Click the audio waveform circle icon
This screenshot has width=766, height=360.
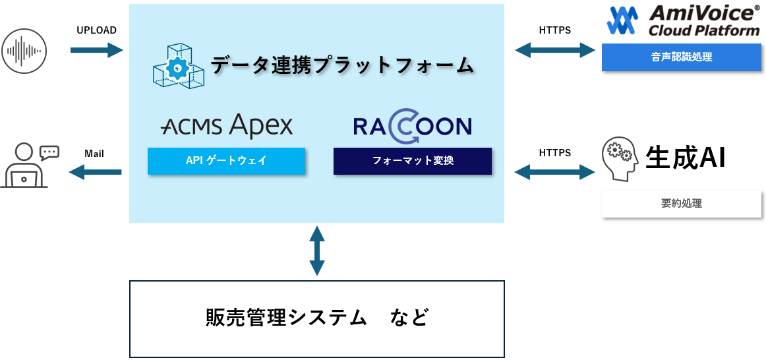click(x=24, y=50)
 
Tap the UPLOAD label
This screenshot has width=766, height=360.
click(x=96, y=30)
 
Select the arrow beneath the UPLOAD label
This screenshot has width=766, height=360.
click(x=96, y=50)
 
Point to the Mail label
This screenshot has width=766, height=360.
click(x=94, y=154)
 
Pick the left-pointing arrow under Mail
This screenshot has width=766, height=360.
click(x=95, y=173)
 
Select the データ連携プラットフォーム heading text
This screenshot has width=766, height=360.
click(x=342, y=65)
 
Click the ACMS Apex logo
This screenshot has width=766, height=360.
click(x=227, y=125)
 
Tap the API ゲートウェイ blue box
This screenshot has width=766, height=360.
click(x=226, y=161)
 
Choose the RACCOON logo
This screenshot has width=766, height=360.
click(x=412, y=127)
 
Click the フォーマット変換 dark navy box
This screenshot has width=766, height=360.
click(x=413, y=161)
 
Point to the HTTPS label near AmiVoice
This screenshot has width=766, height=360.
click(x=554, y=30)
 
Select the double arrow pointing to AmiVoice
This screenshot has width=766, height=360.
click(x=554, y=50)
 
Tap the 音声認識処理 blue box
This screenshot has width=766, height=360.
click(x=681, y=57)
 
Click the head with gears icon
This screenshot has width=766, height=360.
click(x=620, y=159)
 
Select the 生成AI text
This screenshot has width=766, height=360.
click(x=685, y=159)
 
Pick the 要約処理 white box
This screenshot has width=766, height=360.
click(x=681, y=204)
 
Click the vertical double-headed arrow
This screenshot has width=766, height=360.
click(x=317, y=251)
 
